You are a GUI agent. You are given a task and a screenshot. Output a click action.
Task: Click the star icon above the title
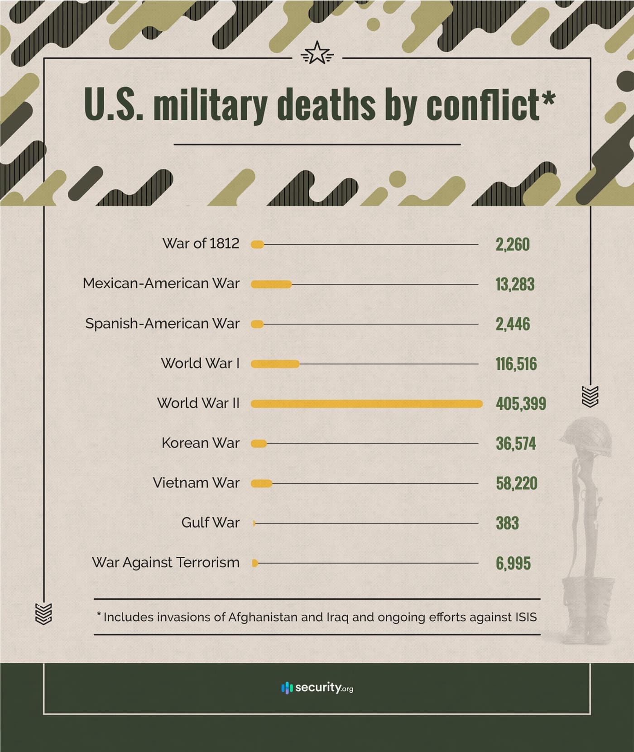click(317, 53)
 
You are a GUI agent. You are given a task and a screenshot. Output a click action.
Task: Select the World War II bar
click(366, 404)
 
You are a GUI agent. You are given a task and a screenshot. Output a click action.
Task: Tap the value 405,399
click(521, 404)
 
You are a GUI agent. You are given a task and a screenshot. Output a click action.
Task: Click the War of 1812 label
click(201, 244)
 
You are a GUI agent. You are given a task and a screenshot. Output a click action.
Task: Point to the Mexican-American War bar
click(271, 284)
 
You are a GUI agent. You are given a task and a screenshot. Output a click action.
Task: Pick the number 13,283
click(515, 285)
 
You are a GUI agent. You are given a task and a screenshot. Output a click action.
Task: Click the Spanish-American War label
click(162, 324)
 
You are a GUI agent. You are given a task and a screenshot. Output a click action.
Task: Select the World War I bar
click(275, 364)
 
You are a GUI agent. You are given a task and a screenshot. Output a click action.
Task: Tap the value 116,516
click(516, 364)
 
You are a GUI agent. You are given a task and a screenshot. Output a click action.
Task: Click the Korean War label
click(200, 443)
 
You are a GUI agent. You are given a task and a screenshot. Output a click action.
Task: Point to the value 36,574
click(516, 444)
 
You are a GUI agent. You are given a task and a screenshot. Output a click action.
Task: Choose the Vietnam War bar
click(261, 484)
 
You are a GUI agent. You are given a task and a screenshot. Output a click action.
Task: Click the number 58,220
click(516, 484)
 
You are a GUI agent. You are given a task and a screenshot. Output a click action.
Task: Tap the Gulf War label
click(210, 523)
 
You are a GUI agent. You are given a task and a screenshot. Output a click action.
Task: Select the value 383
click(507, 523)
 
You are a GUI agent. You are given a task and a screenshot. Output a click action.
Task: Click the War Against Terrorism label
click(165, 563)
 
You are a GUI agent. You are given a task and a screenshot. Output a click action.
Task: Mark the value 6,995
click(513, 564)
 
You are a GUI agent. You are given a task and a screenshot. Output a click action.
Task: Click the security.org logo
click(317, 688)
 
